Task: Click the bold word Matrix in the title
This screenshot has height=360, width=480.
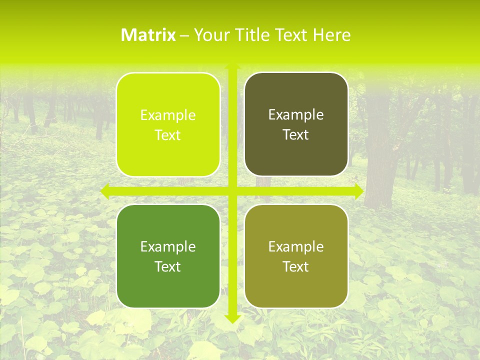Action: click(x=148, y=35)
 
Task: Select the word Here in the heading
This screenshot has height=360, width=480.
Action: click(x=331, y=35)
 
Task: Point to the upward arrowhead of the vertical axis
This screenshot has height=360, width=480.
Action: click(x=232, y=67)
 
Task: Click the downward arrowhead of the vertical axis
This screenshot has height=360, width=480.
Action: click(x=232, y=318)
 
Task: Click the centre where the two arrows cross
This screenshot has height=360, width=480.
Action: click(x=232, y=190)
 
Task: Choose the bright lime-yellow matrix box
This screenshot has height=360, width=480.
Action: click(x=168, y=124)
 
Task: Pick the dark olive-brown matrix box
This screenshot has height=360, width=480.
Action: click(x=296, y=124)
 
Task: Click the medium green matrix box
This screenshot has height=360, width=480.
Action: click(x=168, y=256)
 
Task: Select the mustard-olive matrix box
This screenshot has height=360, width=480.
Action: click(x=296, y=256)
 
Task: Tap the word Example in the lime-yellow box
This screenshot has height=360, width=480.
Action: click(x=168, y=115)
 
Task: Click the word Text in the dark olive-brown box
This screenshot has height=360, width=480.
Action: click(x=296, y=135)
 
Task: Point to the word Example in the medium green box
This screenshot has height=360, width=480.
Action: click(x=168, y=246)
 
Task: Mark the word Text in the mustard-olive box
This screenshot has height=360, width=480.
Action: click(x=296, y=266)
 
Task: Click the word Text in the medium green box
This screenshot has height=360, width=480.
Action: click(x=168, y=266)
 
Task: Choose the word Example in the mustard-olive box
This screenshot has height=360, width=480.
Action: click(x=296, y=246)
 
